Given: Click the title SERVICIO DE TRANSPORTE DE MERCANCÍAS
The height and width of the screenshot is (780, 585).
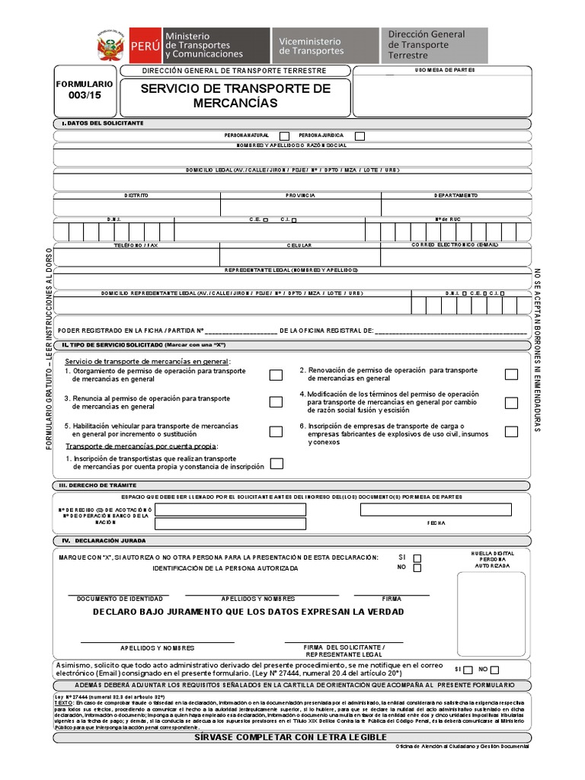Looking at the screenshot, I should point(235,95).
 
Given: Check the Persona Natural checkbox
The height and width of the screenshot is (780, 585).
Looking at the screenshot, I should point(284,136).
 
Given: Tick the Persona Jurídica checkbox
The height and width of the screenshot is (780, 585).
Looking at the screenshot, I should point(360,136).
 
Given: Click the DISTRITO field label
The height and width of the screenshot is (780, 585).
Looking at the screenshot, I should point(136,196).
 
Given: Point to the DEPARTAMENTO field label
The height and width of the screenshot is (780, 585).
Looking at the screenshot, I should point(456,196).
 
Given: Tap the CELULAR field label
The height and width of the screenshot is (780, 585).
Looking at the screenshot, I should point(299,245).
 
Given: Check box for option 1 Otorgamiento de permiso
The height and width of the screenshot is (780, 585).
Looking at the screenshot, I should point(276,374).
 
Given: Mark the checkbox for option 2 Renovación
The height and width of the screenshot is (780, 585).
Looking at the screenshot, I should point(511,374).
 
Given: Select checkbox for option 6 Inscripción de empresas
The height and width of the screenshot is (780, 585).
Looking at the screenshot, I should point(511,431).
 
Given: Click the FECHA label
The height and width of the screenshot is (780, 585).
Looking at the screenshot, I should point(436,524).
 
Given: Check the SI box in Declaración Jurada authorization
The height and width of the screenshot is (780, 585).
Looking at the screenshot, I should point(417,557).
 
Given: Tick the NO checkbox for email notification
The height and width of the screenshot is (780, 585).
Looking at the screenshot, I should point(495,670).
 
